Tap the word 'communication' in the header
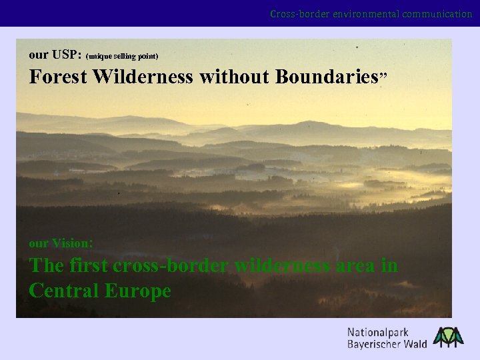(x=437, y=13)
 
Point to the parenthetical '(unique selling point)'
(x=122, y=55)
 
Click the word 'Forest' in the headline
(x=58, y=77)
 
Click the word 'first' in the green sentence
(x=89, y=265)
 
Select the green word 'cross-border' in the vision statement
(x=172, y=265)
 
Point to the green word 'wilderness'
(x=283, y=265)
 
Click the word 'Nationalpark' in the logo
(x=378, y=332)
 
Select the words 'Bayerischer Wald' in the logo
(x=387, y=344)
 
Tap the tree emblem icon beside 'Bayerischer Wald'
(x=448, y=337)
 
